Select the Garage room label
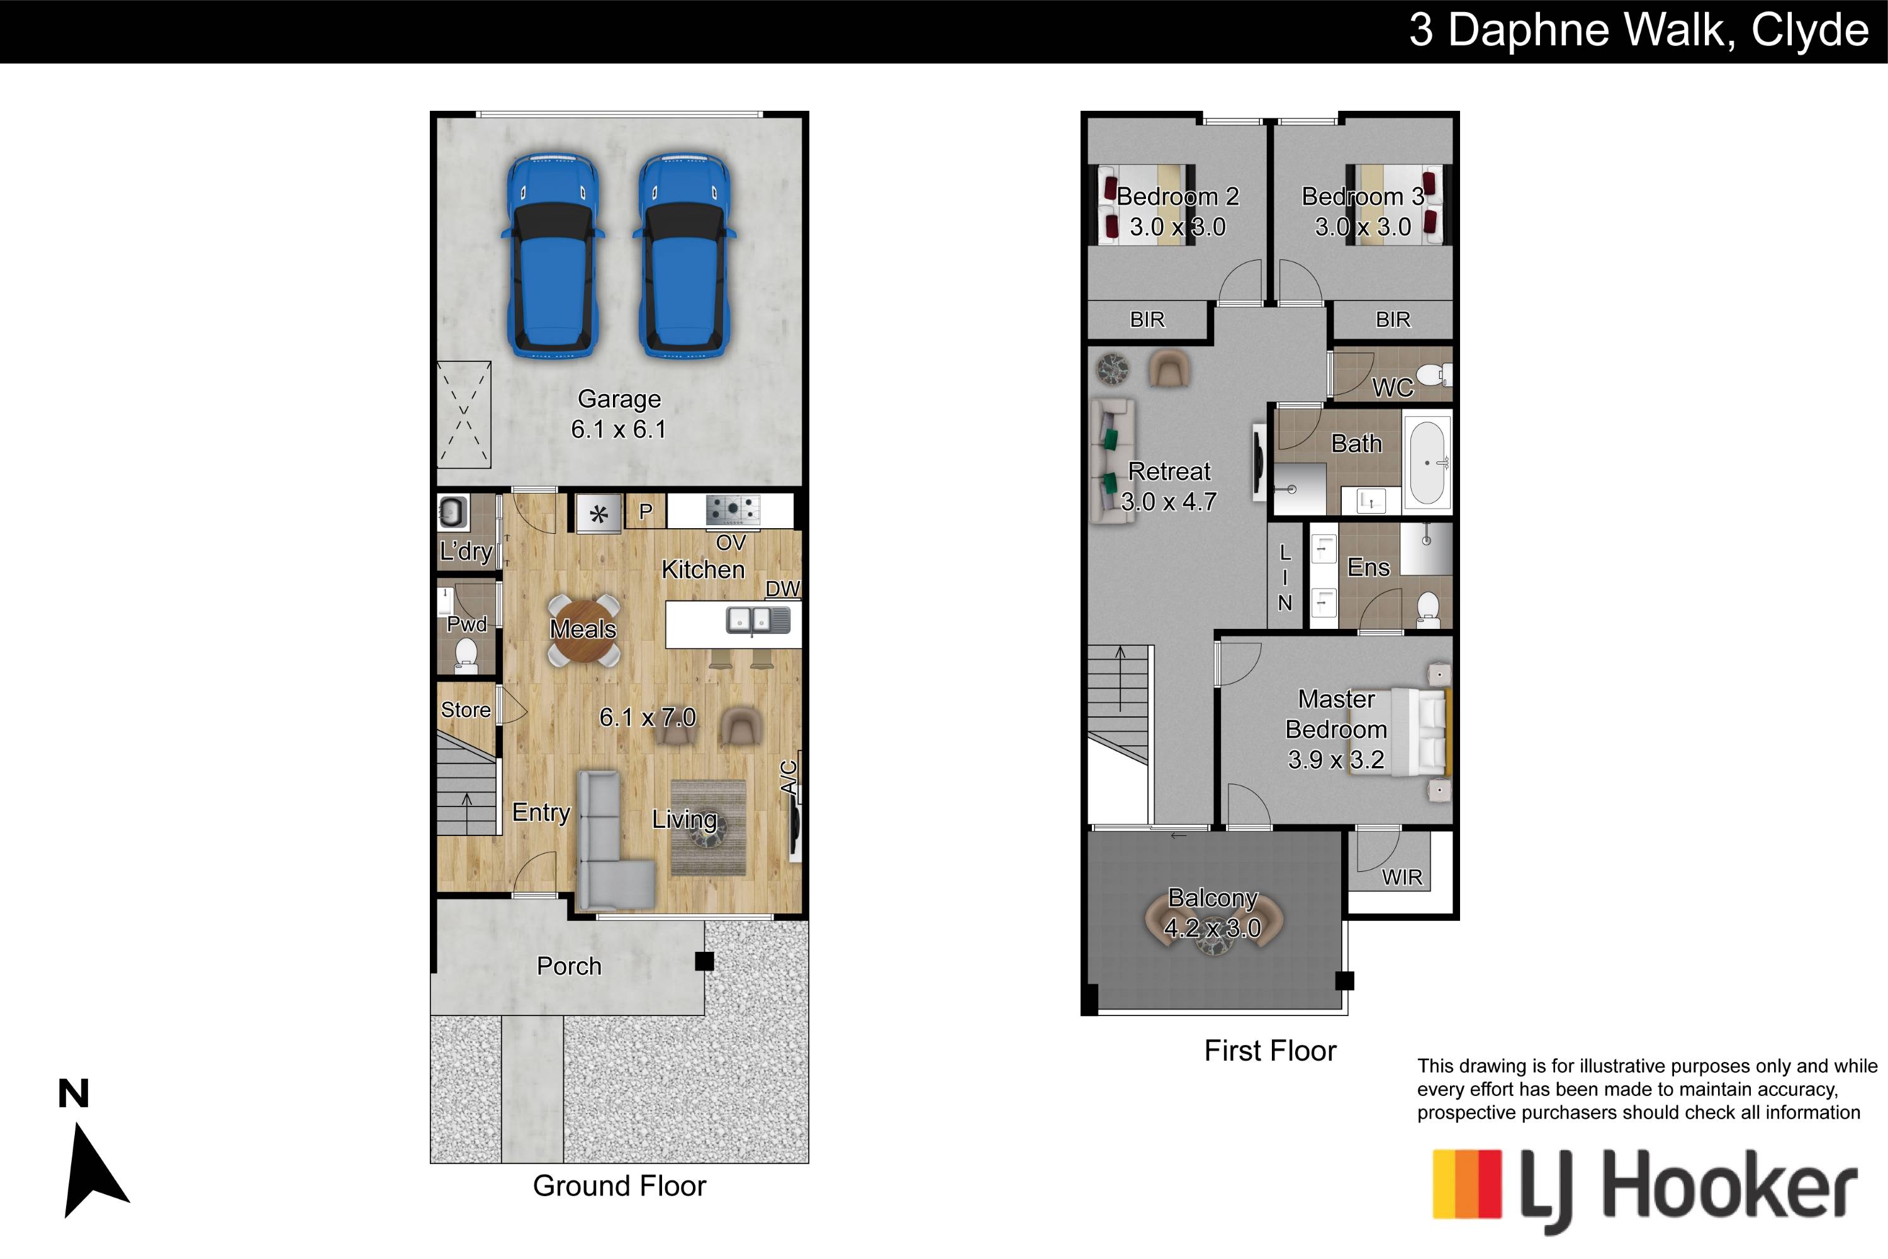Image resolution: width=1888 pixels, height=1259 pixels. pyautogui.click(x=619, y=399)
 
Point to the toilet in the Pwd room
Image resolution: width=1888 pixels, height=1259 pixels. pyautogui.click(x=466, y=656)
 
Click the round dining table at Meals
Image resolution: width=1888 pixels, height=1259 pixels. pyautogui.click(x=583, y=629)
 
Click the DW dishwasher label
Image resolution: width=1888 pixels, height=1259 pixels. pyautogui.click(x=783, y=589)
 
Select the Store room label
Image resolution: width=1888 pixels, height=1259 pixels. pyautogui.click(x=466, y=710)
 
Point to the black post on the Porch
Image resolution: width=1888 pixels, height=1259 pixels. pyautogui.click(x=704, y=961)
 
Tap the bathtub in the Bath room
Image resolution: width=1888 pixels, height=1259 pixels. pyautogui.click(x=1428, y=463)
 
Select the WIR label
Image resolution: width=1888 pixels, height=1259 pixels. pyautogui.click(x=1402, y=878)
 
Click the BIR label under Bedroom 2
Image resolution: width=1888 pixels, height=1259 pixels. pyautogui.click(x=1147, y=320)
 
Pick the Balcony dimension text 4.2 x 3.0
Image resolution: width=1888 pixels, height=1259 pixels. pyautogui.click(x=1212, y=928)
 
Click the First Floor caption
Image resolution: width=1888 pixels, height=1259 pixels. pyautogui.click(x=1270, y=1051)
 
